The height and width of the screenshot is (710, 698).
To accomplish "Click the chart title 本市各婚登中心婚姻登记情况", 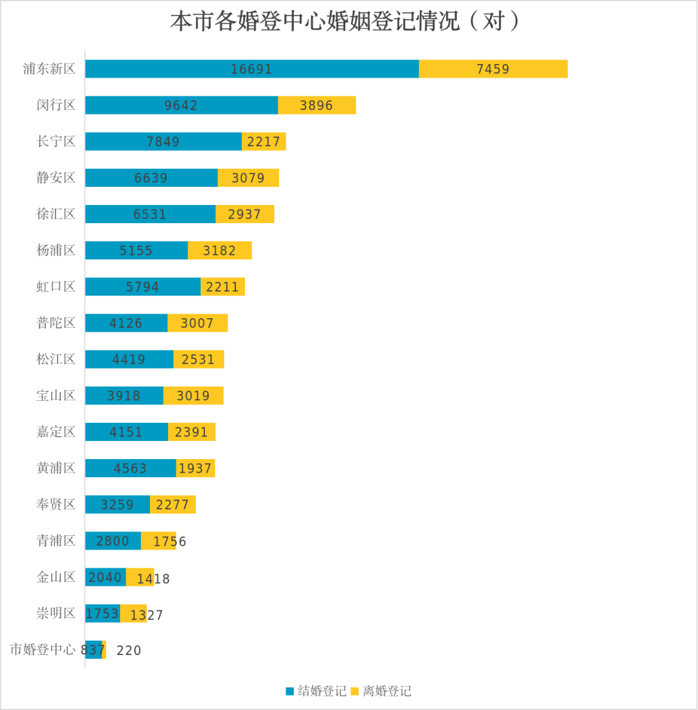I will [346, 21].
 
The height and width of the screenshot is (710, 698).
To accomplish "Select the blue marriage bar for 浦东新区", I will [251, 69].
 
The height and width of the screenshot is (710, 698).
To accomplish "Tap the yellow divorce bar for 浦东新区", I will [493, 69].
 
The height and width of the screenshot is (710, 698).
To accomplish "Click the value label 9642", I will [181, 105].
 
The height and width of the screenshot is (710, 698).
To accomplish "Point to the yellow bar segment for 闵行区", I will [317, 105].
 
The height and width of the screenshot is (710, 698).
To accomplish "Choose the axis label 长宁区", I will [56, 141].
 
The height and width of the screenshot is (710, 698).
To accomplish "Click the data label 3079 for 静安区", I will [248, 178].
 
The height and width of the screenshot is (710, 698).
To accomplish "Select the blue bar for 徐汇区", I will [150, 214].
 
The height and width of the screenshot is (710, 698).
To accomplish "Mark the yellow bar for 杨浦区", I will [220, 250].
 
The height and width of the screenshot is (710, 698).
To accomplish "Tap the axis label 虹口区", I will [56, 286].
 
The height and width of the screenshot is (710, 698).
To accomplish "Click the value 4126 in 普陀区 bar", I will [126, 323].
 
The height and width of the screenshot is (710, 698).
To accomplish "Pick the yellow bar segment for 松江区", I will [198, 360].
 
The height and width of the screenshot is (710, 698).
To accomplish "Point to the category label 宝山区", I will [56, 395].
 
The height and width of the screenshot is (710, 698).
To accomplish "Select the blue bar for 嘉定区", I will [126, 432].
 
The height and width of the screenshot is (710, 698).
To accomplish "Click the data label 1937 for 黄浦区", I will [195, 468].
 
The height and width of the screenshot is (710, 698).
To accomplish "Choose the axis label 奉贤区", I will [56, 504].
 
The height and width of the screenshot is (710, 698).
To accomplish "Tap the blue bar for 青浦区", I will [112, 541].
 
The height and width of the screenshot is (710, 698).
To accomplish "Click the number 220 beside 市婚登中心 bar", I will [129, 651].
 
